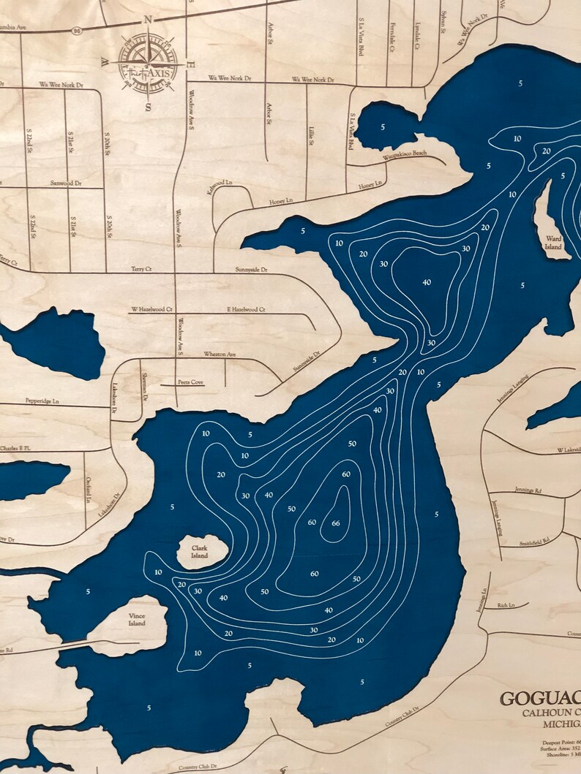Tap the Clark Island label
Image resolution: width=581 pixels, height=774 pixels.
point(200,551)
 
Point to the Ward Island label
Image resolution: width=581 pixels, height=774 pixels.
point(554,243)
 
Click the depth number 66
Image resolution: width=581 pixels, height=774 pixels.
point(336,523)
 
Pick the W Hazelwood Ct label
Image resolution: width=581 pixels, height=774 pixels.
point(151,310)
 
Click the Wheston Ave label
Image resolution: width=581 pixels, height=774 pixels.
point(220,354)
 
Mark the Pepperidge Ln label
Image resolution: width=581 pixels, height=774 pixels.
point(42,401)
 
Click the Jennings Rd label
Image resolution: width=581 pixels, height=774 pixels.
point(528,490)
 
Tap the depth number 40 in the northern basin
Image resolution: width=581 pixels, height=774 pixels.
point(427,282)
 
